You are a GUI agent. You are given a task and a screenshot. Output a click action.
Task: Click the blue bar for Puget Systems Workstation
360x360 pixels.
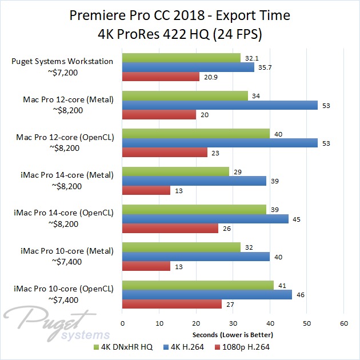coord(189,67)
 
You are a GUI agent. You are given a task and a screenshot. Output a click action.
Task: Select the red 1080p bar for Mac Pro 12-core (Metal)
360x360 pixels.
coord(159,114)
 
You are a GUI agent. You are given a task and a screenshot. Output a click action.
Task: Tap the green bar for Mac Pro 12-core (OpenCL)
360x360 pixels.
coord(196,133)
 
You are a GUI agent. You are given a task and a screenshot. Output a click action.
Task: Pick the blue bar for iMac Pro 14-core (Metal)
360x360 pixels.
coord(195,181)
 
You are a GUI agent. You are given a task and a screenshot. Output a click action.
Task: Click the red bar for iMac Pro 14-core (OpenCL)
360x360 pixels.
coord(170,229)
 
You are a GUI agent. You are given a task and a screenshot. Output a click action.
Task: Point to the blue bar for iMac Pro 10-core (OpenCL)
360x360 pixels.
coord(207,294)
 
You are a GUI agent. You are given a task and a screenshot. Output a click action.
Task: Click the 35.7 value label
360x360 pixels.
coord(264,67)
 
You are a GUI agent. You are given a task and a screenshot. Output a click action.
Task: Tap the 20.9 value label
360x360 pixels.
coord(209,77)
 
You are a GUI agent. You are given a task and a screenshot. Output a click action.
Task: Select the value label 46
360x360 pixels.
coord(301,294)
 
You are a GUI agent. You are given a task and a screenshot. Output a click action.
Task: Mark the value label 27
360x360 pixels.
coord(230,304)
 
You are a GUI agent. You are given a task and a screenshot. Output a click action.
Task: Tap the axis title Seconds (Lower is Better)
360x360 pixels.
coord(232,334)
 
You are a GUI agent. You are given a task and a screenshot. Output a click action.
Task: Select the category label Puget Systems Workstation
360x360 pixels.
coord(70,62)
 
